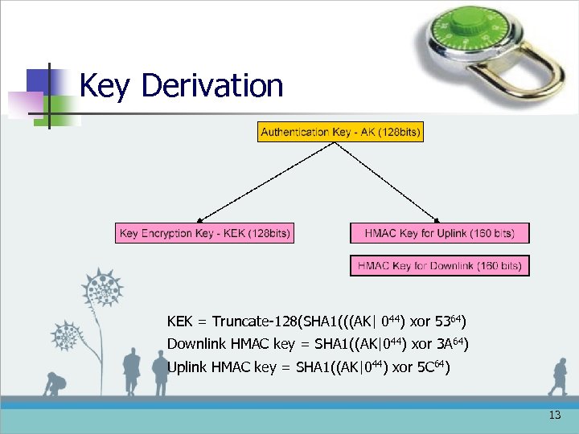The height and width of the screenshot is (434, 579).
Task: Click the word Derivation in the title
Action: [211, 85]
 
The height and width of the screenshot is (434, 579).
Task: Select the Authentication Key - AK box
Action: [340, 132]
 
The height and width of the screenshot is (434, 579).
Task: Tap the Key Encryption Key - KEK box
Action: [204, 233]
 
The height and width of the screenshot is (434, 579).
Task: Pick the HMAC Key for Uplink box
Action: [439, 233]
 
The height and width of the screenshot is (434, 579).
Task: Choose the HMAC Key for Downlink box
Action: [439, 265]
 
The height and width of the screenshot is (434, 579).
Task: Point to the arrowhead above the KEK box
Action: [201, 217]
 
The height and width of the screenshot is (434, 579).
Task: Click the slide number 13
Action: [554, 416]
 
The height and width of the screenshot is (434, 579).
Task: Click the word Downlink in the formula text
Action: [197, 345]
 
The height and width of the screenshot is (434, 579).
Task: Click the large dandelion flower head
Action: [103, 287]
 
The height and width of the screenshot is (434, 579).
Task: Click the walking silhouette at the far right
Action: [557, 378]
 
